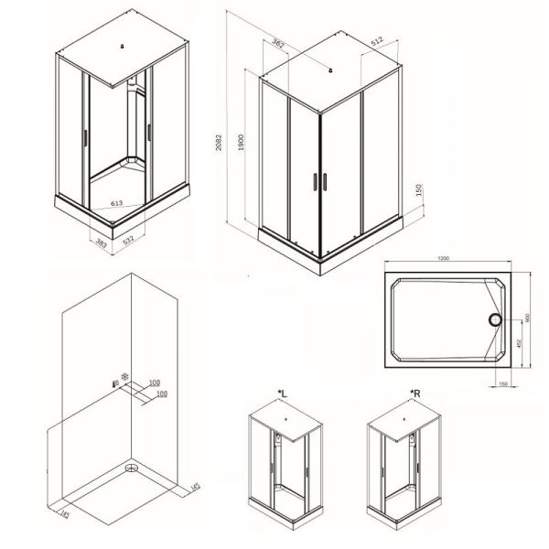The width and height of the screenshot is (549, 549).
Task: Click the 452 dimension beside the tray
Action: point(520,344)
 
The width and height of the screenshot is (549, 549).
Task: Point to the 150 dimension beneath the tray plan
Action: point(502,383)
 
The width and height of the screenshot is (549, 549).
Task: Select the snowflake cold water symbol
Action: point(125,375)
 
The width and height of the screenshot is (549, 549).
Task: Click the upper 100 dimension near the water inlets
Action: point(154,382)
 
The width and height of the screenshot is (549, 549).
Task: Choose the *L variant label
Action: point(282,393)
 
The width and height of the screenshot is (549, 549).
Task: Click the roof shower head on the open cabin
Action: point(122,48)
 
